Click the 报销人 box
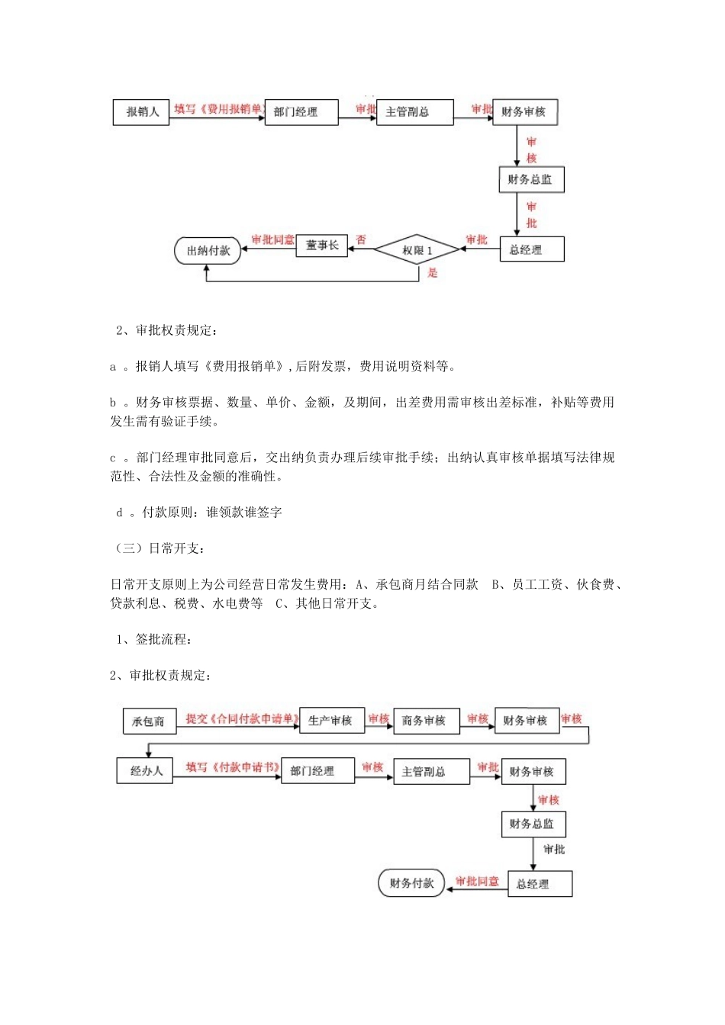[141, 112]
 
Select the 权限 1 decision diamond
[417, 250]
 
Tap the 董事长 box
[321, 246]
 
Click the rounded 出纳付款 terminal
[208, 251]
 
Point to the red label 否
[361, 239]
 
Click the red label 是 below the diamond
[433, 272]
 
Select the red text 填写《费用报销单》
[217, 110]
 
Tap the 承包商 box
[149, 721]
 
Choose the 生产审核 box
[331, 721]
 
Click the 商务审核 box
[426, 721]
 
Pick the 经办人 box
[145, 771]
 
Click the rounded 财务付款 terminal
[411, 883]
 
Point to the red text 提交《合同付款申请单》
[241, 719]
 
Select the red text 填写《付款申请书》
[233, 767]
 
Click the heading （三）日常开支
[159, 548]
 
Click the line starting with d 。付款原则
[199, 512]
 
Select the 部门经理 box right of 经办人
[312, 771]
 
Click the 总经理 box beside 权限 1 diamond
[531, 250]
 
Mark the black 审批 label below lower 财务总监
[554, 850]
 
